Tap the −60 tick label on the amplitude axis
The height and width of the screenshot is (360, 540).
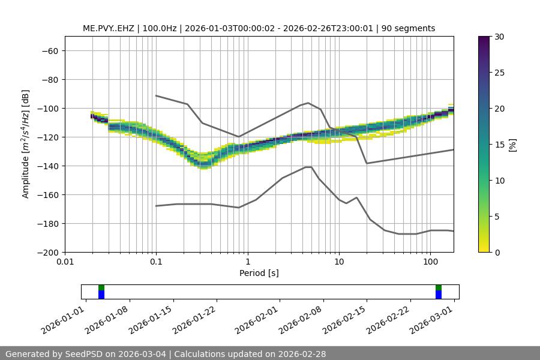pyautogui.click(x=49, y=51)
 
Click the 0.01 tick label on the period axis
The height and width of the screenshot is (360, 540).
pyautogui.click(x=65, y=262)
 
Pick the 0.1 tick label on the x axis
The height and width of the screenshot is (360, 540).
pyautogui.click(x=156, y=262)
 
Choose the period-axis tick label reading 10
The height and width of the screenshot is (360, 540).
pyautogui.click(x=339, y=262)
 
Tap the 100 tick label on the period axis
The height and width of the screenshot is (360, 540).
pyautogui.click(x=430, y=262)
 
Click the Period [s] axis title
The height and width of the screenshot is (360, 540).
pyautogui.click(x=259, y=273)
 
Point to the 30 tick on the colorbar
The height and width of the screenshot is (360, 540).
pyautogui.click(x=500, y=37)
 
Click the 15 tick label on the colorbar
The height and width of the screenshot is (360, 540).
pyautogui.click(x=500, y=145)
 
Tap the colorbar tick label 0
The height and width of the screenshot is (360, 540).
pyautogui.click(x=497, y=253)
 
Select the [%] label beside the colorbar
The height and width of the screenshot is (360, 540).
pyautogui.click(x=512, y=145)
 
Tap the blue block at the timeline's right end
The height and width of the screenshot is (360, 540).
pyautogui.click(x=439, y=295)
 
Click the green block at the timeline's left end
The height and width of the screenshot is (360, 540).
pyautogui.click(x=101, y=287)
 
